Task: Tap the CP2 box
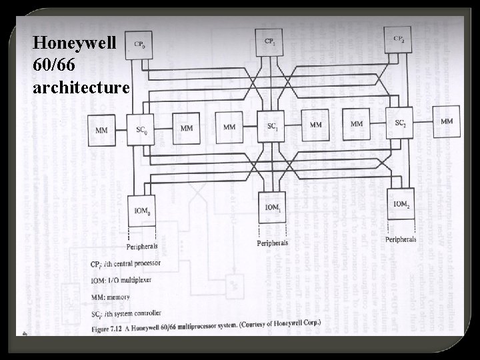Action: tap(399, 41)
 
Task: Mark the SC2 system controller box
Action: tap(401, 123)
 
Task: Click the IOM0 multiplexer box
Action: tap(143, 212)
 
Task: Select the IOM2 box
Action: tap(401, 204)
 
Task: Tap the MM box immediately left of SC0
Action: tap(102, 130)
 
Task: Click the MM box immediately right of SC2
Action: tap(446, 121)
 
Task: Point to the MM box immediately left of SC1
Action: tap(229, 126)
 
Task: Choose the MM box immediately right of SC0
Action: tap(187, 127)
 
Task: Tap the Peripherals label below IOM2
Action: tap(401, 239)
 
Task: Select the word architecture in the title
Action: tap(81, 87)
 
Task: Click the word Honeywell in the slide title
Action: tap(74, 44)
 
